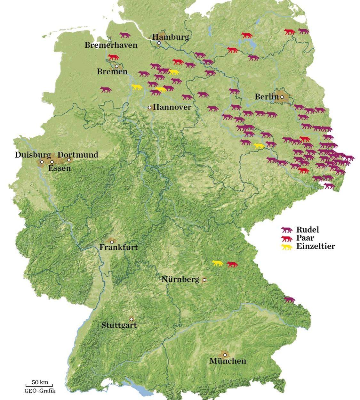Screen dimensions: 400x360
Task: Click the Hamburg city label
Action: pyautogui.click(x=171, y=37)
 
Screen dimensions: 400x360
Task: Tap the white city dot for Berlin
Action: pyautogui.click(x=282, y=97)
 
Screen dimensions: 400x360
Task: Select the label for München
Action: pyautogui.click(x=228, y=361)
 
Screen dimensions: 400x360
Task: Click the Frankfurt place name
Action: pyautogui.click(x=118, y=247)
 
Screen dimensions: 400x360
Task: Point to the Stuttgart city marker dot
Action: pyautogui.click(x=131, y=319)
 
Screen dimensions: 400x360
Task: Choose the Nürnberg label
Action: pyautogui.click(x=180, y=279)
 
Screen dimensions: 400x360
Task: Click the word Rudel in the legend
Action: pyautogui.click(x=308, y=230)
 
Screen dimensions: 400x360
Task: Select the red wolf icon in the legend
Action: pyautogui.click(x=287, y=238)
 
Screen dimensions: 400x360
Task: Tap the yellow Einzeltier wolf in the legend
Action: pyautogui.click(x=287, y=247)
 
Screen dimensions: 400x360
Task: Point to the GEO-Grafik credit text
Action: pyautogui.click(x=40, y=391)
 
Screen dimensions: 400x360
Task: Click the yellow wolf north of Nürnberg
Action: pyautogui.click(x=218, y=263)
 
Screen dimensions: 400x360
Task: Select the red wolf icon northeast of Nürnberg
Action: pyautogui.click(x=232, y=264)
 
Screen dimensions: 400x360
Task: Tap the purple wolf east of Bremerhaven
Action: pyautogui.click(x=125, y=35)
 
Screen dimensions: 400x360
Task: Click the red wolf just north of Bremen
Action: pyautogui.click(x=113, y=57)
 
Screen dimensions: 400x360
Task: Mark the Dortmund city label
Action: pyautogui.click(x=78, y=155)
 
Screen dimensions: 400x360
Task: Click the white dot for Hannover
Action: pyautogui.click(x=149, y=107)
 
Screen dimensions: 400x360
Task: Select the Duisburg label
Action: pyautogui.click(x=33, y=155)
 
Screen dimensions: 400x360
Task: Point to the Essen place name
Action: pyautogui.click(x=60, y=168)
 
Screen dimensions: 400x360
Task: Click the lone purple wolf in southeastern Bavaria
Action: pyautogui.click(x=290, y=299)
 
